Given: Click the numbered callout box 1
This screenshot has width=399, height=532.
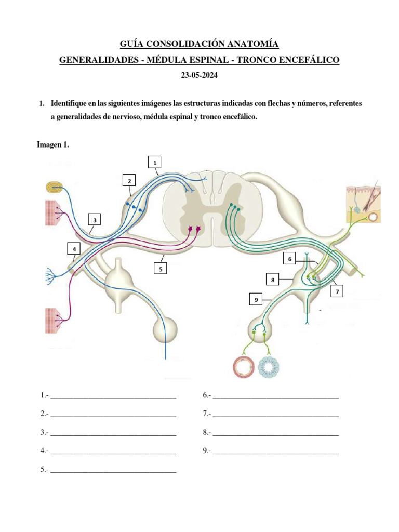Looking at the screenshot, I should [x=154, y=163].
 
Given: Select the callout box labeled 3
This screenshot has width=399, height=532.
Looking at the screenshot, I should [x=94, y=220].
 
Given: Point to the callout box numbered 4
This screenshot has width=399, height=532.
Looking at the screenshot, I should [x=74, y=250].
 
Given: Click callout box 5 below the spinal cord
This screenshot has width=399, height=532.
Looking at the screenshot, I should [x=161, y=269].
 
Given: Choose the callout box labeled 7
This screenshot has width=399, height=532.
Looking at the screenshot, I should [x=337, y=291].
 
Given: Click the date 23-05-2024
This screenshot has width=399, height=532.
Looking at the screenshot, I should [x=199, y=75].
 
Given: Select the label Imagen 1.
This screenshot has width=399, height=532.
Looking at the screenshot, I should [x=52, y=145].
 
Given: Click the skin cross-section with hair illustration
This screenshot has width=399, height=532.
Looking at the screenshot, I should [x=364, y=202].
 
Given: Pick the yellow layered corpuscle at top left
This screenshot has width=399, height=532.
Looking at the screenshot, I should [x=54, y=187].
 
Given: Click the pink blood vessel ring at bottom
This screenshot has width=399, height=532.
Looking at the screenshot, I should [x=242, y=367].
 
